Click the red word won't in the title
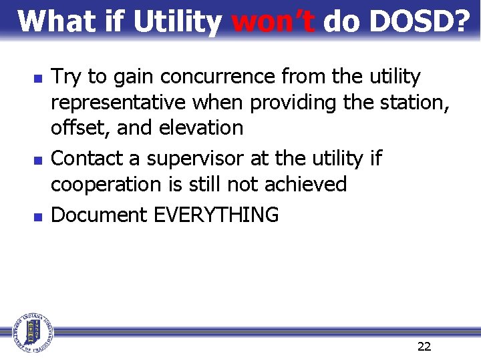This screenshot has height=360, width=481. click(x=273, y=21)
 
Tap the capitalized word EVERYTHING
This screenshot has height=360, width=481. click(x=216, y=215)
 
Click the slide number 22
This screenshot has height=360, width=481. click(x=424, y=346)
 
